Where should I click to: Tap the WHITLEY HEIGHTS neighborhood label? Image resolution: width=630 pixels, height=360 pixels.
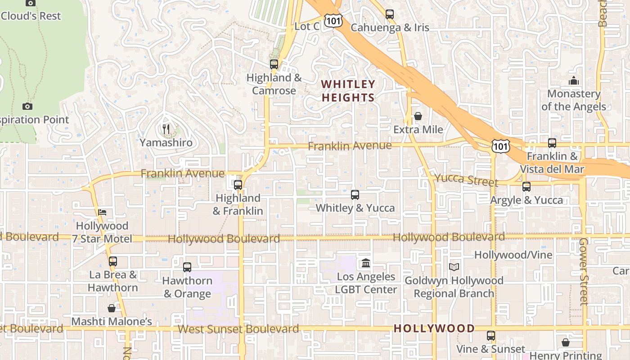(348, 91)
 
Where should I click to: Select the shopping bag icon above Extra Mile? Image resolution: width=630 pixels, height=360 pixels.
(418, 116)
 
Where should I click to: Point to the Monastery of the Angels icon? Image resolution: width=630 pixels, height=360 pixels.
(574, 81)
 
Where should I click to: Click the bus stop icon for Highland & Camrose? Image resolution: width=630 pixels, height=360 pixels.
(274, 64)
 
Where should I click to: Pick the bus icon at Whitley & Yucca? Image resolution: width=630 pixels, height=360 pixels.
(355, 194)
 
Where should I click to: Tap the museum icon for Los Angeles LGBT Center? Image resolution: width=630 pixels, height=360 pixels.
(366, 263)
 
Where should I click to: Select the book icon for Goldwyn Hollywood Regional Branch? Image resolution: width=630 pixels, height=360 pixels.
(454, 267)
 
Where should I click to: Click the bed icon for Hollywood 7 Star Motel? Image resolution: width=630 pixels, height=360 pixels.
(102, 212)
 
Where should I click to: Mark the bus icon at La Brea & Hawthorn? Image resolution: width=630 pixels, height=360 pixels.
(112, 261)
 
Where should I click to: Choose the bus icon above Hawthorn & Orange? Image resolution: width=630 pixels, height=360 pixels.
(187, 267)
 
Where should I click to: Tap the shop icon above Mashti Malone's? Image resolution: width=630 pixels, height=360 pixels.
(111, 308)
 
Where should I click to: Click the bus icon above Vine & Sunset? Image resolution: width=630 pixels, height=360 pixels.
(490, 335)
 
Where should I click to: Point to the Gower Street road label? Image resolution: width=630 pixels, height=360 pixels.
(584, 271)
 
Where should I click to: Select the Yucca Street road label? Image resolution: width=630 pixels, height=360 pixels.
(467, 180)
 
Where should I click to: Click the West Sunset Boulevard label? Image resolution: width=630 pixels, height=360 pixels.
(238, 329)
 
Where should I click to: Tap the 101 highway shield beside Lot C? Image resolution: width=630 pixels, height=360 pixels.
(335, 20)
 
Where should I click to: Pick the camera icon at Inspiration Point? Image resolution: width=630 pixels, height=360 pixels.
(27, 106)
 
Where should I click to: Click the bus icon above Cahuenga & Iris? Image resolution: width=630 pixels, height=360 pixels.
(390, 14)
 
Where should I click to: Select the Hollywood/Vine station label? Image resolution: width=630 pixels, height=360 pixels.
(513, 255)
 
